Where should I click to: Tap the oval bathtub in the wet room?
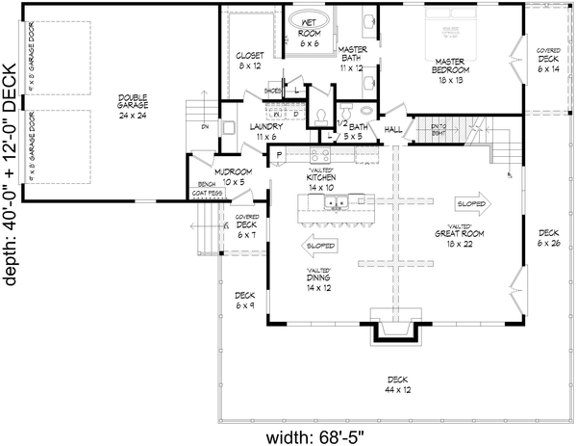pyautogui.click(x=310, y=23)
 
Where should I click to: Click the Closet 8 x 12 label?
pyautogui.click(x=250, y=61)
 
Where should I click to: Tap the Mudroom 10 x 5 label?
pyautogui.click(x=234, y=176)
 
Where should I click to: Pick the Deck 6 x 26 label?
pyautogui.click(x=548, y=237)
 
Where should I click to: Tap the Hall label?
pyautogui.click(x=393, y=128)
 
